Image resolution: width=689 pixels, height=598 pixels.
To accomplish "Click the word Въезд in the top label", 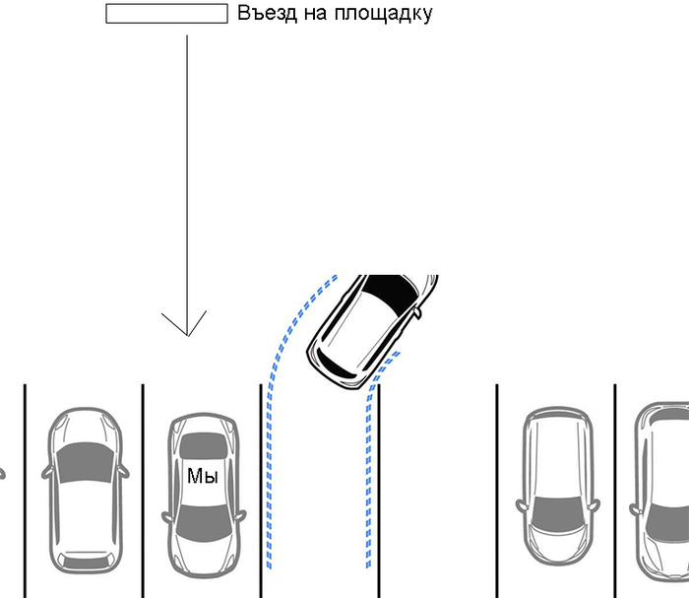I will (x=267, y=14).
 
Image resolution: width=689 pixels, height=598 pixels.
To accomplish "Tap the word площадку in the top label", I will (x=385, y=15).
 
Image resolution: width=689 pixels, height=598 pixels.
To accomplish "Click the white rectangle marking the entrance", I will (x=166, y=14).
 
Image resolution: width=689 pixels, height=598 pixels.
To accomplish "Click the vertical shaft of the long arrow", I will (x=186, y=177).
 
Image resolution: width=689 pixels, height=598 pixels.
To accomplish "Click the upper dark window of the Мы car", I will (x=203, y=446).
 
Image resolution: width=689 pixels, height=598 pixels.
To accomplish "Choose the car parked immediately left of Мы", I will (x=86, y=492).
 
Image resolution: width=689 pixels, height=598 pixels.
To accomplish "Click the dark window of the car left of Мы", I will (x=86, y=463).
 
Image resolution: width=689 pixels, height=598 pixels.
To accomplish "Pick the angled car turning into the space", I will (x=372, y=330).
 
